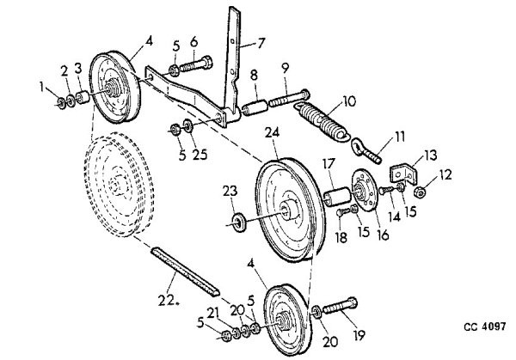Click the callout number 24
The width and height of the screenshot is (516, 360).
click(272, 132)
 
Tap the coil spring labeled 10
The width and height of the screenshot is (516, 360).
click(321, 121)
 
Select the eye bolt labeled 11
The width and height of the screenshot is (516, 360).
click(366, 150)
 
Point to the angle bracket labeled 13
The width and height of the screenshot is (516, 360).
click(403, 174)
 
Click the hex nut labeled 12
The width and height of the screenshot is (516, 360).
click(420, 192)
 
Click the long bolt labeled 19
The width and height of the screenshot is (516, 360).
click(340, 307)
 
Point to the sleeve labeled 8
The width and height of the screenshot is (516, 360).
click(255, 108)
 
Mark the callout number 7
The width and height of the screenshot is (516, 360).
click(261, 43)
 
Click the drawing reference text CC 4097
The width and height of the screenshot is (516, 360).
click(485, 326)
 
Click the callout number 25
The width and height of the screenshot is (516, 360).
click(200, 154)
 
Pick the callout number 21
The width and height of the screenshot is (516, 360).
click(212, 314)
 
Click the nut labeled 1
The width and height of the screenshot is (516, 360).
click(61, 102)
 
